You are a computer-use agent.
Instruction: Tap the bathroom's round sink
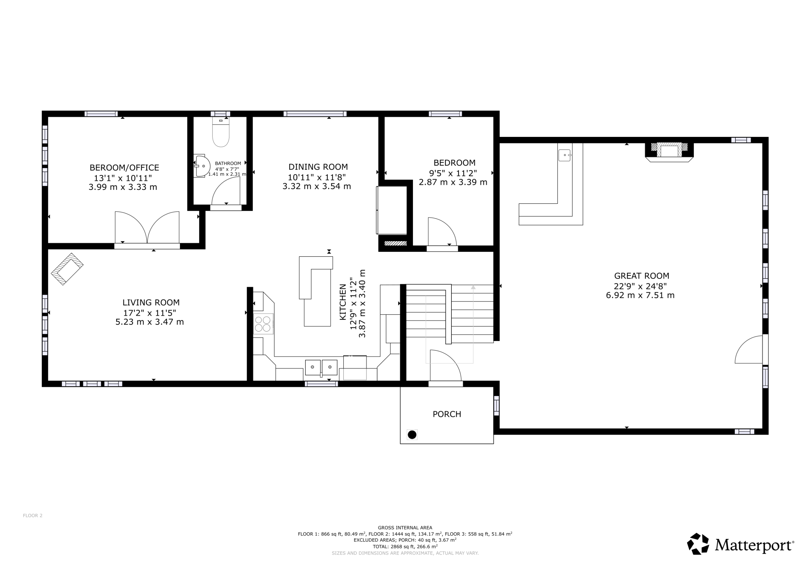tap(202, 166)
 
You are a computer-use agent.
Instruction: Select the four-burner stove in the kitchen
tap(263, 324)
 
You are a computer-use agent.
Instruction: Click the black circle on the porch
tap(412, 435)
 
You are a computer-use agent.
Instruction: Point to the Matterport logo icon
tap(698, 544)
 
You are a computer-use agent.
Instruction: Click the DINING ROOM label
tap(318, 167)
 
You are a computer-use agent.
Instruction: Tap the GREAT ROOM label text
tap(642, 276)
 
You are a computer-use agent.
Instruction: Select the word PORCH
tap(447, 414)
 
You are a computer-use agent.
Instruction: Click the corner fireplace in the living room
tap(67, 269)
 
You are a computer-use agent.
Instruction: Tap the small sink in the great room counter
tap(565, 155)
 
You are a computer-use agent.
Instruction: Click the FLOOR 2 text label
tap(33, 515)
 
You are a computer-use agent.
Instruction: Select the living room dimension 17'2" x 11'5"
tap(149, 313)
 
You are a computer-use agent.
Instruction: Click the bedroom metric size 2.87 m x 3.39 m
tap(453, 182)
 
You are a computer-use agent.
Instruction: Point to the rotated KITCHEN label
tap(343, 302)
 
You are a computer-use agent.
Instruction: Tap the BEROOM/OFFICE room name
tap(124, 168)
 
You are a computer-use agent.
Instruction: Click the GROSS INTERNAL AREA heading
tap(405, 527)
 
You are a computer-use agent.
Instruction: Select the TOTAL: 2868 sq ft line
tap(405, 546)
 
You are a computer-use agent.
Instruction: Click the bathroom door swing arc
tap(226, 190)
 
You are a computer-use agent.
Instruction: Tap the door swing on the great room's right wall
tap(749, 349)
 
